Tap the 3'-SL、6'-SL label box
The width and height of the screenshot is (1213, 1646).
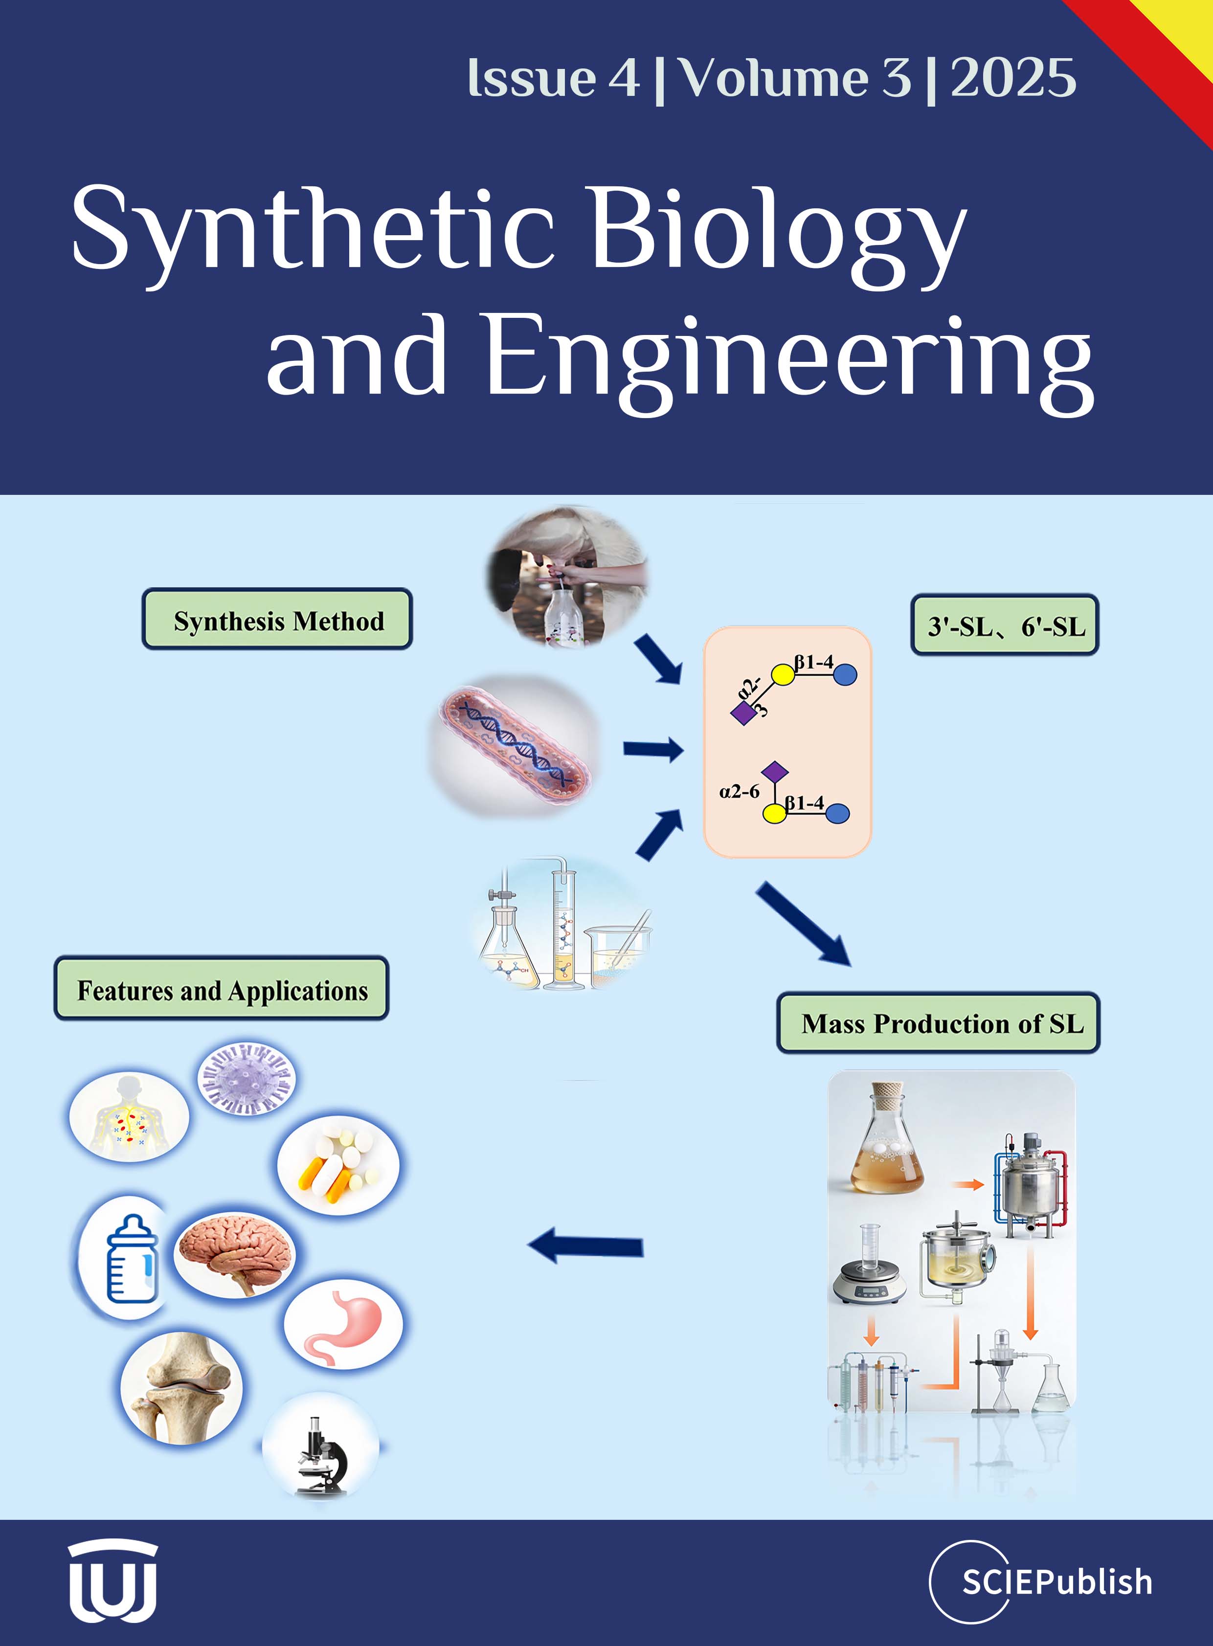1005,625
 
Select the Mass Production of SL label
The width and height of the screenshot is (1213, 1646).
939,1023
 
